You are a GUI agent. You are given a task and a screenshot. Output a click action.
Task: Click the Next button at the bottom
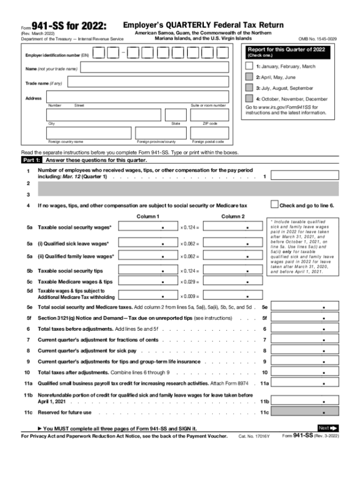(x=328, y=428)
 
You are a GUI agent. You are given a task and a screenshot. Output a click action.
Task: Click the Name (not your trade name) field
(x=155, y=68)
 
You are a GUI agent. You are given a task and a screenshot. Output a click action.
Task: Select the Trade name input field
(x=148, y=82)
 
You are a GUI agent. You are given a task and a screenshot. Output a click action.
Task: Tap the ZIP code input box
(x=210, y=115)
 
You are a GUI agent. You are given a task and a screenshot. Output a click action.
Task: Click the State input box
(x=176, y=115)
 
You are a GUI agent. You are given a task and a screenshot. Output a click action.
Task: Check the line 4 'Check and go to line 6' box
(x=274, y=204)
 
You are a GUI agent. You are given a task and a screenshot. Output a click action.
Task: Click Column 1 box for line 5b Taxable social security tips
(x=148, y=271)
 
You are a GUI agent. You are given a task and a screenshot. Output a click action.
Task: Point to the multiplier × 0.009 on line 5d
(x=190, y=297)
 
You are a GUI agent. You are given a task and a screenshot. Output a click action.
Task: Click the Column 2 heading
(x=233, y=216)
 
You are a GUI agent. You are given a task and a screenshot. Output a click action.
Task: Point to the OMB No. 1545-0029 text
(x=317, y=38)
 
